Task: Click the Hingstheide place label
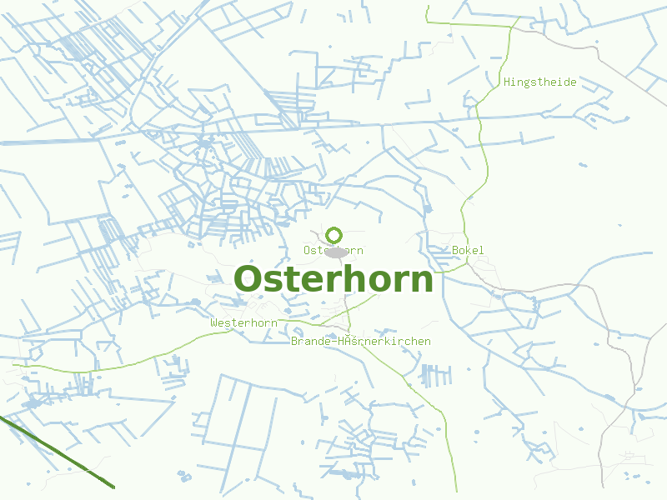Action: pyautogui.click(x=539, y=82)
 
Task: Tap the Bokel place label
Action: pyautogui.click(x=468, y=251)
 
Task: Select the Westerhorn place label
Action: pyautogui.click(x=243, y=322)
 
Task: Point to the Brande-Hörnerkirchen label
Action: pyautogui.click(x=360, y=342)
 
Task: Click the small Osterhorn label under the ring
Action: pyautogui.click(x=333, y=251)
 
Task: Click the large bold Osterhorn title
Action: pyautogui.click(x=333, y=279)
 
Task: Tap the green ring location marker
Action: pyautogui.click(x=334, y=235)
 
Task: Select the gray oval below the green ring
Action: pyautogui.click(x=336, y=252)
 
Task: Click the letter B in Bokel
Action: pyautogui.click(x=455, y=251)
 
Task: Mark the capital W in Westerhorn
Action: pyautogui.click(x=214, y=322)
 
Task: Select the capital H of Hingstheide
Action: pyautogui.click(x=507, y=82)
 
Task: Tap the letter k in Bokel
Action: pyautogui.click(x=468, y=251)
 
